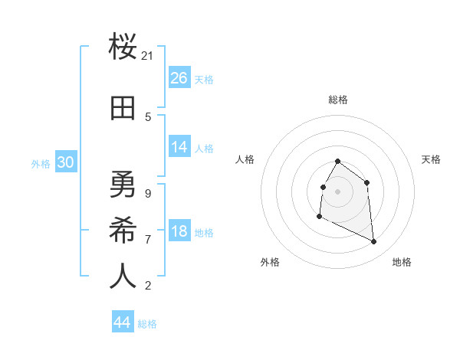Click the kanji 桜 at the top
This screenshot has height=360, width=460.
123,48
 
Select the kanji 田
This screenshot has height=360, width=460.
123,109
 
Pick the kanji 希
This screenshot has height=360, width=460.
123,230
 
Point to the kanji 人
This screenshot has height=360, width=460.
123,276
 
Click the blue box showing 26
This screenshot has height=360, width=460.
179,78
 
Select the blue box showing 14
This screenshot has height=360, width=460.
179,147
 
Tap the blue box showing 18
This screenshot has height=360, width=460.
179,231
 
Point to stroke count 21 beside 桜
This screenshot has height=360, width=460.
148,56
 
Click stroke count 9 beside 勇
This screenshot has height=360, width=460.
147,193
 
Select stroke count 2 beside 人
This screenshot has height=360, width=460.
147,286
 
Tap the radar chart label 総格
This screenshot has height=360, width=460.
338,100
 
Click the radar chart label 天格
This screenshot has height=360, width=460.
432,159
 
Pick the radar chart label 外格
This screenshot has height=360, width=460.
270,262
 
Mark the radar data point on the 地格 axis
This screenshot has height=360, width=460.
374,242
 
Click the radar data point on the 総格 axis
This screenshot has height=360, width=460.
338,162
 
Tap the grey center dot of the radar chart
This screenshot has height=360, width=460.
338,191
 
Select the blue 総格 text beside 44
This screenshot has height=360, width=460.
147,324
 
